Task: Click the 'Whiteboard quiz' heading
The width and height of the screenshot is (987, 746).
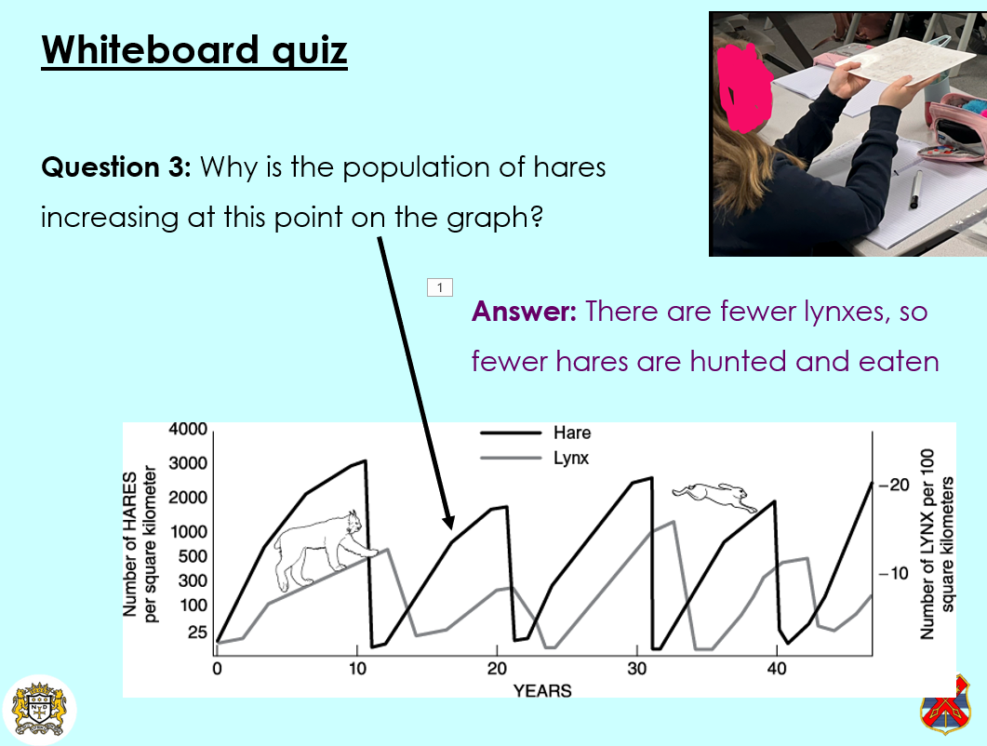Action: click(x=194, y=49)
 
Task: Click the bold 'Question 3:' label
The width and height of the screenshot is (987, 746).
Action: click(x=116, y=167)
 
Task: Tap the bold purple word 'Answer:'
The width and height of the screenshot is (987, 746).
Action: click(x=524, y=311)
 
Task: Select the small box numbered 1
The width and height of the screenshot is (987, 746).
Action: click(x=440, y=287)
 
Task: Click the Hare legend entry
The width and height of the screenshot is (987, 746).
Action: click(x=536, y=433)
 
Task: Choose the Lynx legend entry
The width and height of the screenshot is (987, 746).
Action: click(x=534, y=458)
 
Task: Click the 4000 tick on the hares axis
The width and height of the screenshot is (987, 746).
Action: click(x=188, y=429)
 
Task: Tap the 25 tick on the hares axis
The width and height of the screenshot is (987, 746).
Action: click(x=197, y=632)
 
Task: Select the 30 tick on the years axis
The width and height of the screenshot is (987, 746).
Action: click(x=636, y=669)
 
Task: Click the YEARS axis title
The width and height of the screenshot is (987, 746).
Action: click(x=542, y=690)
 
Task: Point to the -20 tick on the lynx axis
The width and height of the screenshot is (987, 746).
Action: click(x=895, y=485)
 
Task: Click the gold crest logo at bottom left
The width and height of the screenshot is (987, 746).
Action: click(x=39, y=710)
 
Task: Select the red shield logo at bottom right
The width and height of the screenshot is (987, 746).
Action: click(x=945, y=706)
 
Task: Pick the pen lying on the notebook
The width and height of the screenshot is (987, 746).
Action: click(x=914, y=190)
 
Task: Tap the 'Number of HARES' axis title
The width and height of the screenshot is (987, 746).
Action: click(x=129, y=544)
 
